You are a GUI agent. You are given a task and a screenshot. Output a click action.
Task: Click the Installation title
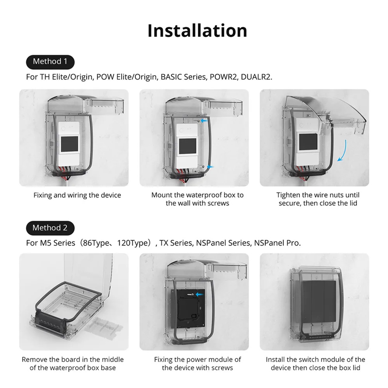coord(197,30)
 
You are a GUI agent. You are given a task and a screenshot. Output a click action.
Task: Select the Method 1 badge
coord(50,62)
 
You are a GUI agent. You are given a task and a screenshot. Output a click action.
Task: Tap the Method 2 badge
coord(50,227)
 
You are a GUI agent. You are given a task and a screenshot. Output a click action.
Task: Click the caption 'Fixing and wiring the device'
coord(77,195)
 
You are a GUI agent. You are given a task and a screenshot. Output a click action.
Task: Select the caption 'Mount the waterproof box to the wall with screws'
coord(197,199)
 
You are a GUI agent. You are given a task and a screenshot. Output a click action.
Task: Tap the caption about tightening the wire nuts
coord(318,199)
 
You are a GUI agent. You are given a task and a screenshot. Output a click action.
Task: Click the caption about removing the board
coord(73,364)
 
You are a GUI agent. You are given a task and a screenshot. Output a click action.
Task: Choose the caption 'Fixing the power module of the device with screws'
coord(197,364)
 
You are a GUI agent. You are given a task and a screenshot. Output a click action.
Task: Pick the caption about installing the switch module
coord(315,364)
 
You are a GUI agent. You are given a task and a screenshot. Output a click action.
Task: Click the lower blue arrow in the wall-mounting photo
coord(210,166)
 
